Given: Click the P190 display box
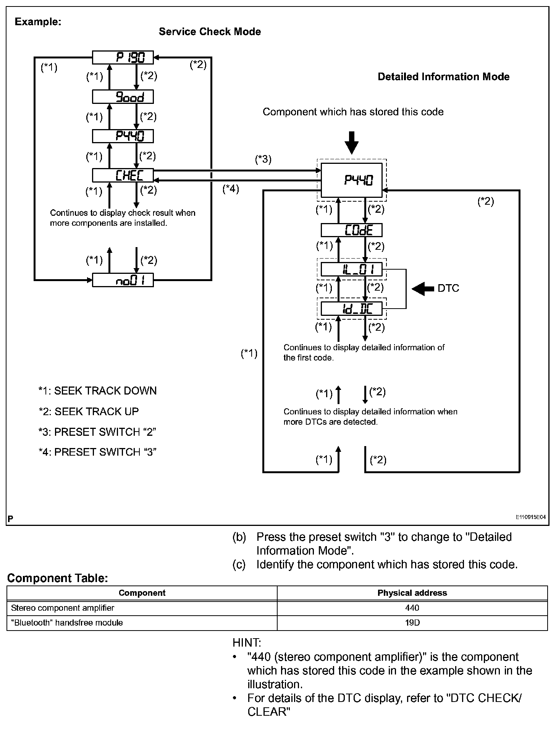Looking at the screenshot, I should coord(123,58).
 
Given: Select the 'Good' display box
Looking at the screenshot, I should coord(123,97).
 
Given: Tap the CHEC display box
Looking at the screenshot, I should coord(123,175).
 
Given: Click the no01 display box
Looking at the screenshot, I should coord(123,281).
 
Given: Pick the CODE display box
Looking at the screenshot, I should coord(351,230).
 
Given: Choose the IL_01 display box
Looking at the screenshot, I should coord(351,270).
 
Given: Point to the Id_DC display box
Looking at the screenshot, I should coord(351,309).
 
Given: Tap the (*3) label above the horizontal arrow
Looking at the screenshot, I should coord(263,159).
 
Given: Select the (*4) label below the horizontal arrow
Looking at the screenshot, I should coord(231,189).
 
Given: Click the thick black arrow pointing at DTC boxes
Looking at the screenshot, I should coord(423,288).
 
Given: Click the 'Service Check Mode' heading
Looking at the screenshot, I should coord(210,32).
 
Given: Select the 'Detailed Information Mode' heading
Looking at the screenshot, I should coord(443,77).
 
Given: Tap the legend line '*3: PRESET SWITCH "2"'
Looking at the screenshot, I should coord(97,432).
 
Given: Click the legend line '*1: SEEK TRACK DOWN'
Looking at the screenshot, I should coord(97,391).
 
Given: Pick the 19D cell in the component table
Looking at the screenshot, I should coord(412,623).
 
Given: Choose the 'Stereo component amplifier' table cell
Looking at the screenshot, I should coord(63,608).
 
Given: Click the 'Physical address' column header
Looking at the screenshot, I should coord(412,593).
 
